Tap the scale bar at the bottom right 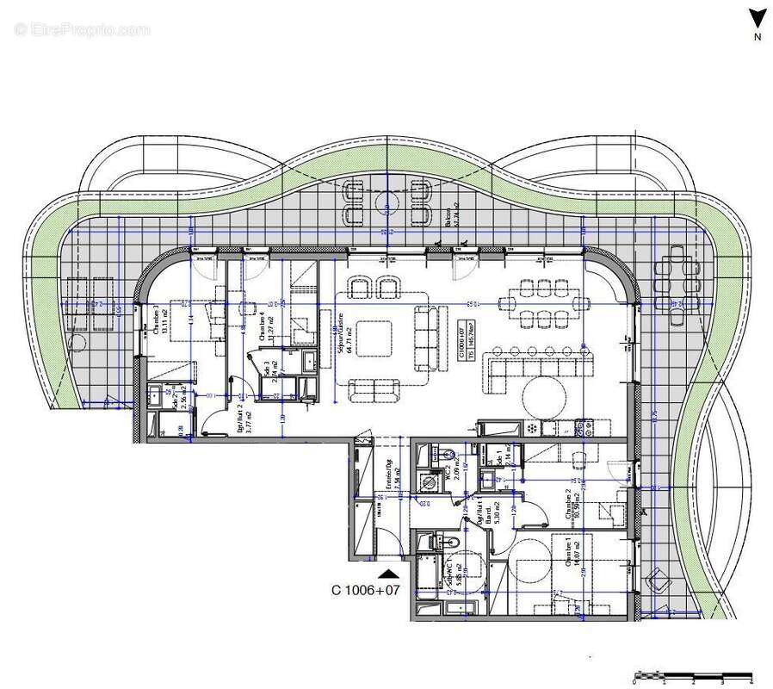(693, 676)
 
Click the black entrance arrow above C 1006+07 (389, 573)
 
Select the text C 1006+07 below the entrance (366, 591)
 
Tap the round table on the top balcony (387, 201)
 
